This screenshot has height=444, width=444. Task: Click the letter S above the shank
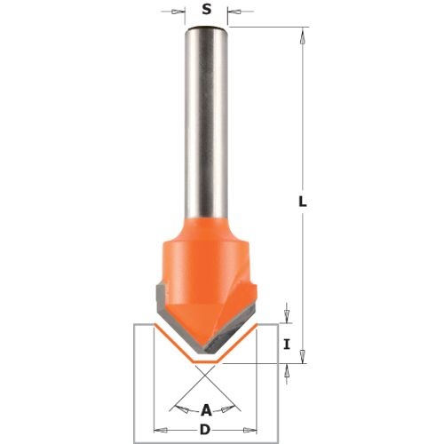(207, 10)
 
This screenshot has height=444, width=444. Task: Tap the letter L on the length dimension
(302, 202)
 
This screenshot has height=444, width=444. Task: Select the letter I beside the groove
(286, 345)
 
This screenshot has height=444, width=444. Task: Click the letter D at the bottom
(205, 430)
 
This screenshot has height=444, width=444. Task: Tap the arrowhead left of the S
(178, 12)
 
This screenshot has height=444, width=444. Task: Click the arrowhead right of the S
(234, 12)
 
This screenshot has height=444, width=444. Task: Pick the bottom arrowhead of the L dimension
(302, 356)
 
